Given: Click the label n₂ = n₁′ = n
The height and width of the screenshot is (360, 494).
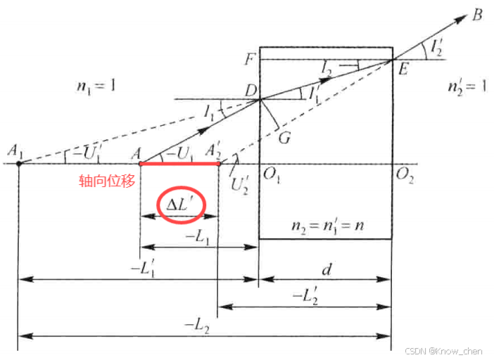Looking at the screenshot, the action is [325, 226].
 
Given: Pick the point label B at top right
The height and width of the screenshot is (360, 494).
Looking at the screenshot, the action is [476, 14].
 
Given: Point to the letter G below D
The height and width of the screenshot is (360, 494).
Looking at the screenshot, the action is [284, 137].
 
